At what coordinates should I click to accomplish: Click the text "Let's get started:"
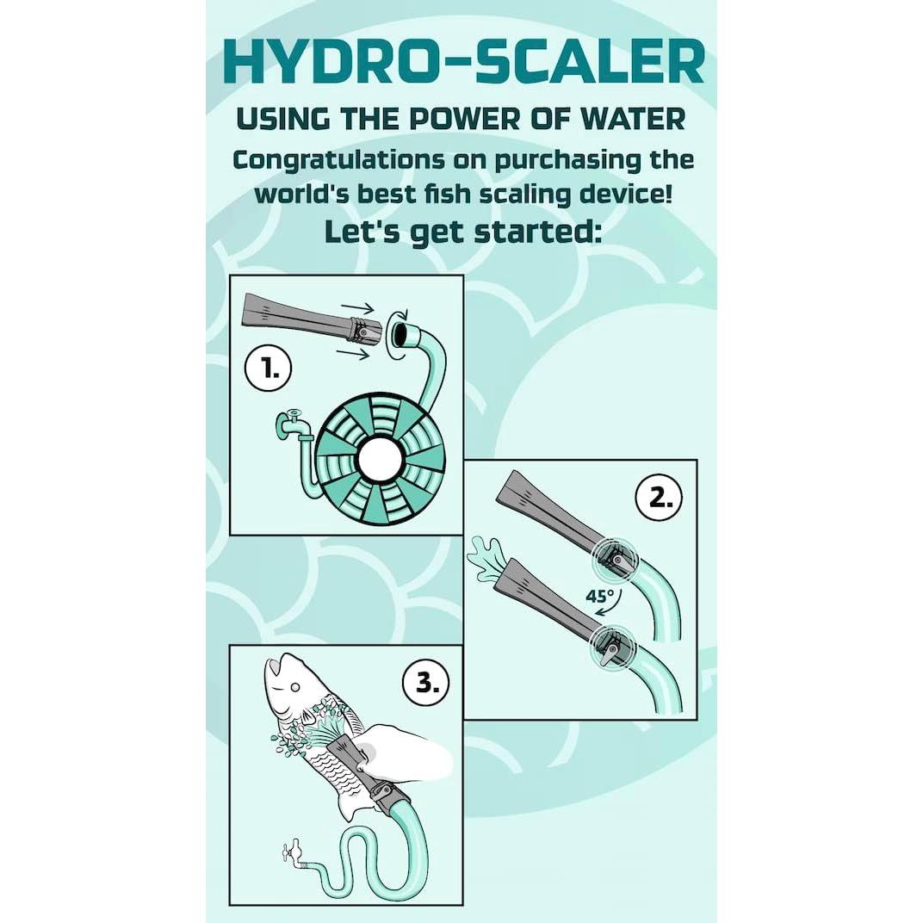[x=461, y=232]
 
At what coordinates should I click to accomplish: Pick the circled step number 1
[x=268, y=370]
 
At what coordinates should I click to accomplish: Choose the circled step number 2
[x=659, y=498]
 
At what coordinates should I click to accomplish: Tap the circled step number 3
[x=426, y=683]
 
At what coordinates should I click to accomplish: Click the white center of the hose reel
[x=380, y=460]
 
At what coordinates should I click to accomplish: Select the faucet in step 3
[x=290, y=852]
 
